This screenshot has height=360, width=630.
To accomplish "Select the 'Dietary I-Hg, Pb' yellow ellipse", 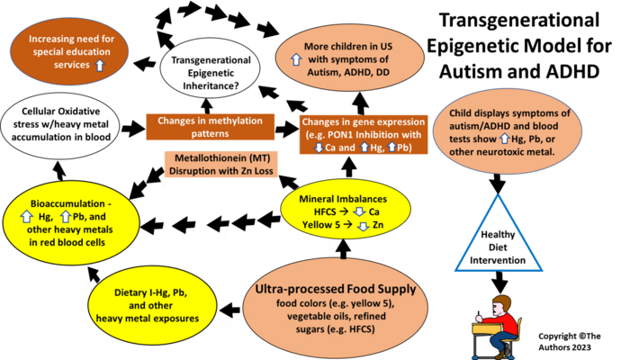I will pos(157,305).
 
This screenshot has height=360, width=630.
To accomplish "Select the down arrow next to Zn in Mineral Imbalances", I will pos(364,224).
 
